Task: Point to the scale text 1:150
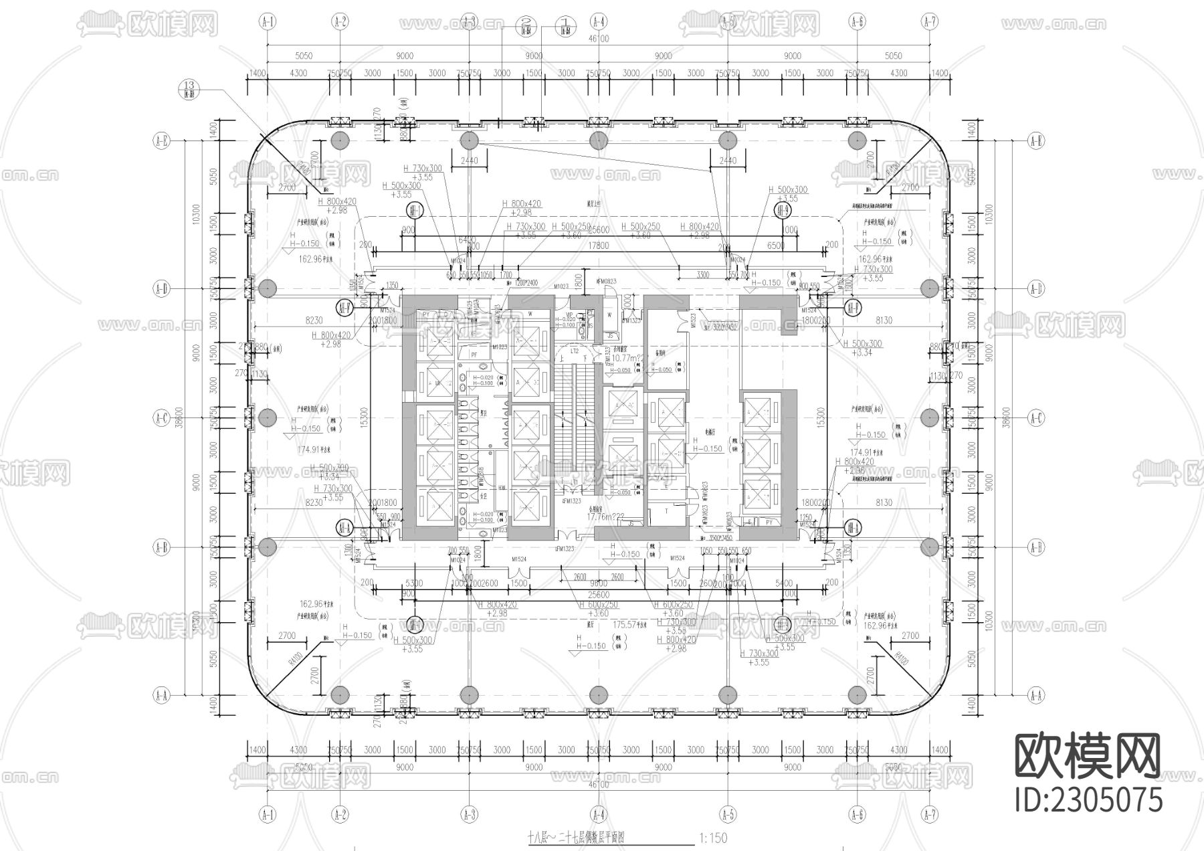[x=712, y=838]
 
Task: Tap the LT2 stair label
[x=574, y=350]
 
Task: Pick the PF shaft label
[x=474, y=353]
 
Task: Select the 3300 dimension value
[x=702, y=274]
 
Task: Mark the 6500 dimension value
[x=775, y=246]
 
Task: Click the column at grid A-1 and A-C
[x=268, y=418]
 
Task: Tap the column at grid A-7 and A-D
[x=929, y=288]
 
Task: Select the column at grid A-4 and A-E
[x=598, y=140]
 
